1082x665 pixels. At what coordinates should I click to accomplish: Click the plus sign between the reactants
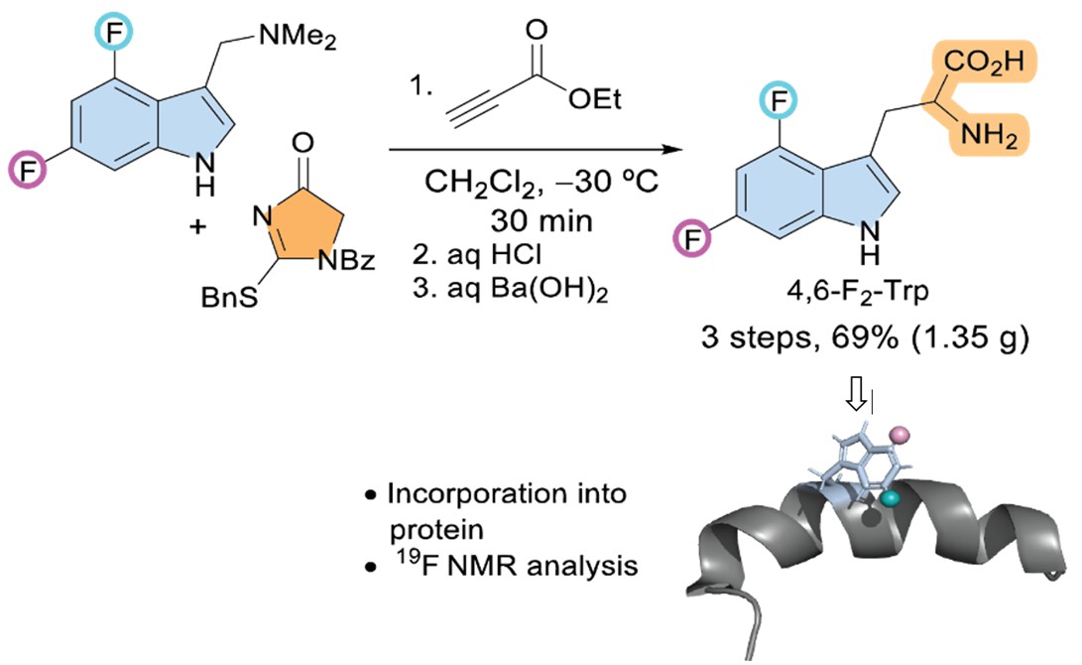point(197,227)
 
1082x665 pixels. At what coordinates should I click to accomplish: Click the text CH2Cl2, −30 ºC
point(539,186)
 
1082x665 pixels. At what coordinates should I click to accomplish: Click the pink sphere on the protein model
point(901,433)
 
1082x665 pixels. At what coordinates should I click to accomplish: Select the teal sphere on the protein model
point(893,499)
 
